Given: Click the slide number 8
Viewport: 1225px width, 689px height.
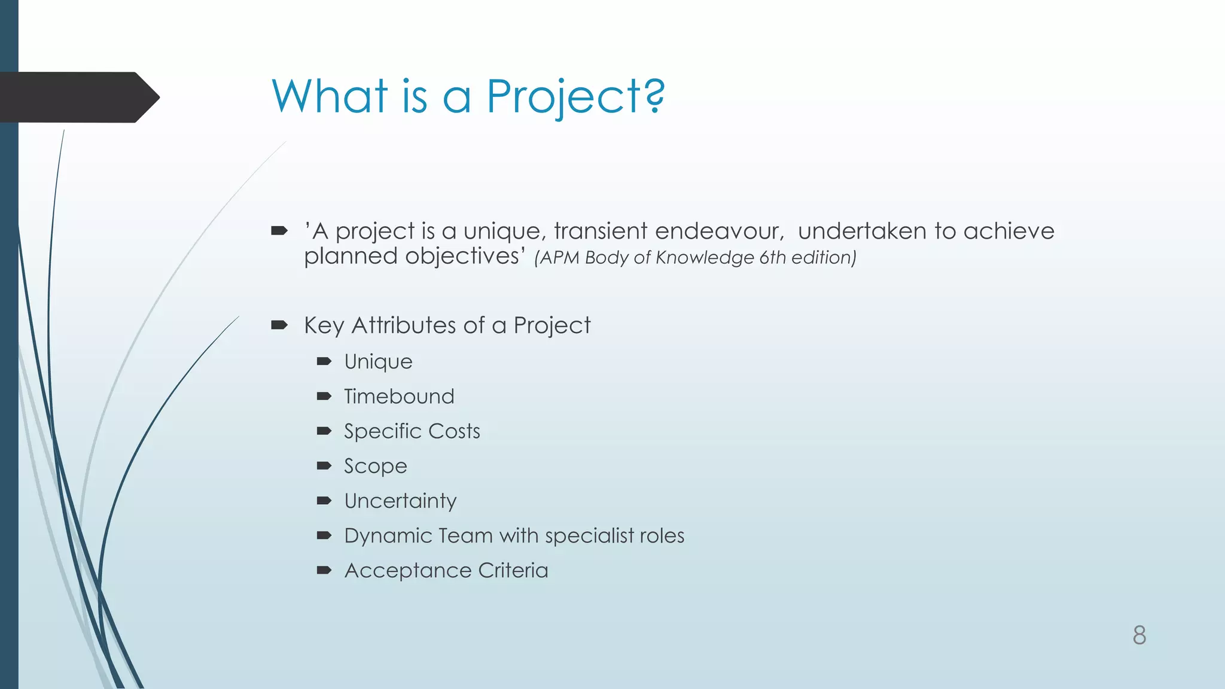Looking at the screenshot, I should (x=1139, y=635).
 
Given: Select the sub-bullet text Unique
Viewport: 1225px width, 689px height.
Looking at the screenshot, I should (x=378, y=362).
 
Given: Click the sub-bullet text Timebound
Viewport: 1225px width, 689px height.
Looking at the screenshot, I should (x=399, y=397).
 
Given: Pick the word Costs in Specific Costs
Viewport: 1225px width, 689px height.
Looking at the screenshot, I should (x=454, y=431).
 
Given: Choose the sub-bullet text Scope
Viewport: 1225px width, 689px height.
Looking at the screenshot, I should (x=375, y=467).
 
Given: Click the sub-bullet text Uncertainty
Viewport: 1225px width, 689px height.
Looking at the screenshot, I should (x=400, y=501).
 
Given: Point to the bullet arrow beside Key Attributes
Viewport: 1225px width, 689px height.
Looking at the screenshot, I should (x=279, y=325).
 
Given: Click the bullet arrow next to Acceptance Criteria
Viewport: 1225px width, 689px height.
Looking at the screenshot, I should (x=324, y=570).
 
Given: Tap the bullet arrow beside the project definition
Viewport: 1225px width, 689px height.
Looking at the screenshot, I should (x=279, y=231).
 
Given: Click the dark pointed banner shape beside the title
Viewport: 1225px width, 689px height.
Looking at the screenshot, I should (x=78, y=97).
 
